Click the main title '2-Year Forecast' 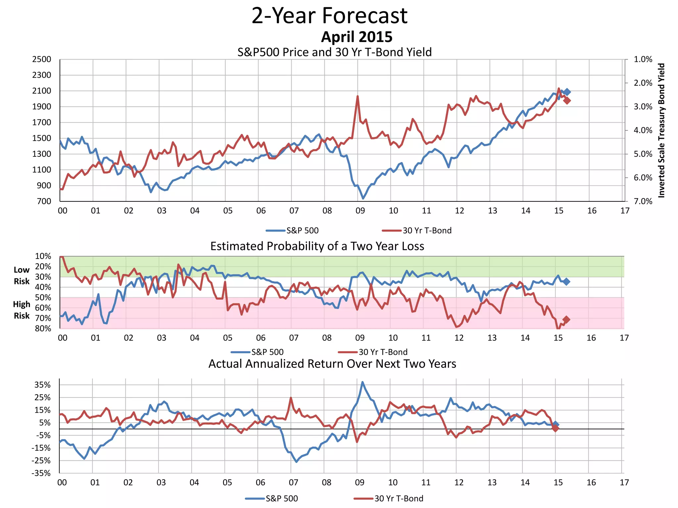(329, 16)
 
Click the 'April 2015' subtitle (357, 37)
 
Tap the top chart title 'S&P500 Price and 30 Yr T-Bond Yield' (334, 52)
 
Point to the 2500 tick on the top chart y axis (42, 60)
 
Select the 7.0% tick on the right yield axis (643, 201)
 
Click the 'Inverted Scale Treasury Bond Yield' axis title (661, 130)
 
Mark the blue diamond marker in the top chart (567, 92)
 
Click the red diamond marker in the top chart (567, 101)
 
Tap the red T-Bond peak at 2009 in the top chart (358, 96)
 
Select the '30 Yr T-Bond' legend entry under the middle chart (383, 352)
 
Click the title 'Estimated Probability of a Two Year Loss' (317, 246)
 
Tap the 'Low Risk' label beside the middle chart (22, 275)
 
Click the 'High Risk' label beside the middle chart (22, 310)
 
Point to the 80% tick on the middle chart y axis (43, 328)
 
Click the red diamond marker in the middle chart (566, 319)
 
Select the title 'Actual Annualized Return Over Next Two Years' (332, 364)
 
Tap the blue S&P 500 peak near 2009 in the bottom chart (363, 382)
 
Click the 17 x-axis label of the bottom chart (624, 483)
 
